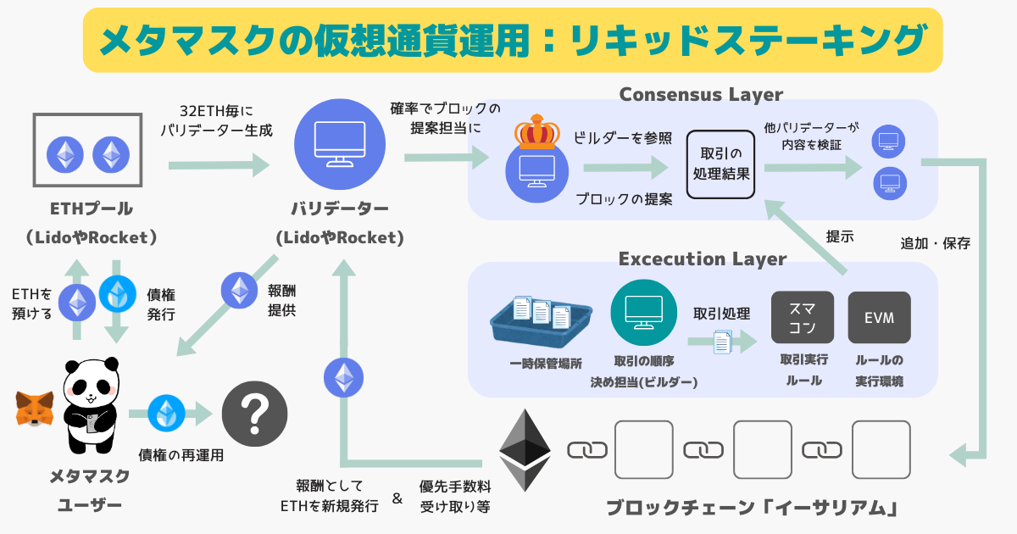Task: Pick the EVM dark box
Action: [x=879, y=318]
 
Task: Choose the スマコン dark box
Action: [x=802, y=318]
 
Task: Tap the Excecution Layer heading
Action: [x=702, y=258]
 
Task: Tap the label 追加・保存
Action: [x=935, y=243]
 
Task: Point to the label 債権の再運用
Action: [x=181, y=455]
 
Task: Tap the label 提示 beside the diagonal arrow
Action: [x=840, y=236]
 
